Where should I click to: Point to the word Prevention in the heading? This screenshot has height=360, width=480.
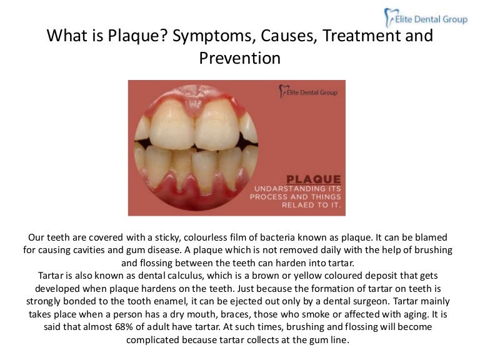tap(239, 58)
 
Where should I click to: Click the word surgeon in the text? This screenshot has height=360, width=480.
tap(329, 301)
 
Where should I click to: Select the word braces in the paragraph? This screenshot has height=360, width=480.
tap(235, 314)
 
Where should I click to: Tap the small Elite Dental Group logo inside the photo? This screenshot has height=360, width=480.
tap(308, 92)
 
